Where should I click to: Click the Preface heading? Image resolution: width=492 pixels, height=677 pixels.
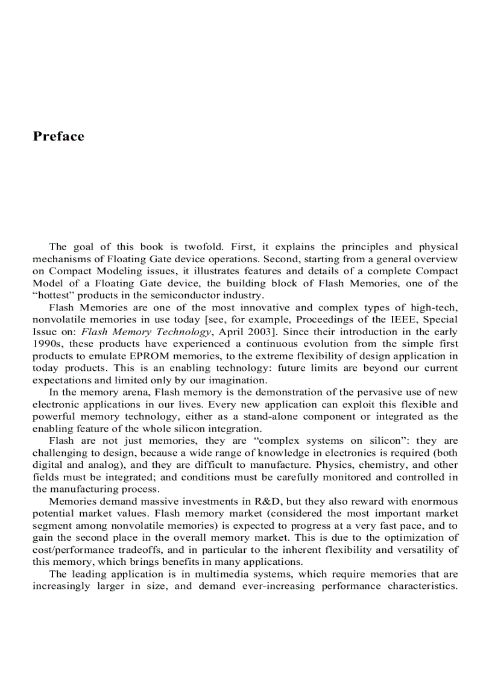58,136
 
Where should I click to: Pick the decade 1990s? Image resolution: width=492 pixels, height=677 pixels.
47,344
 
